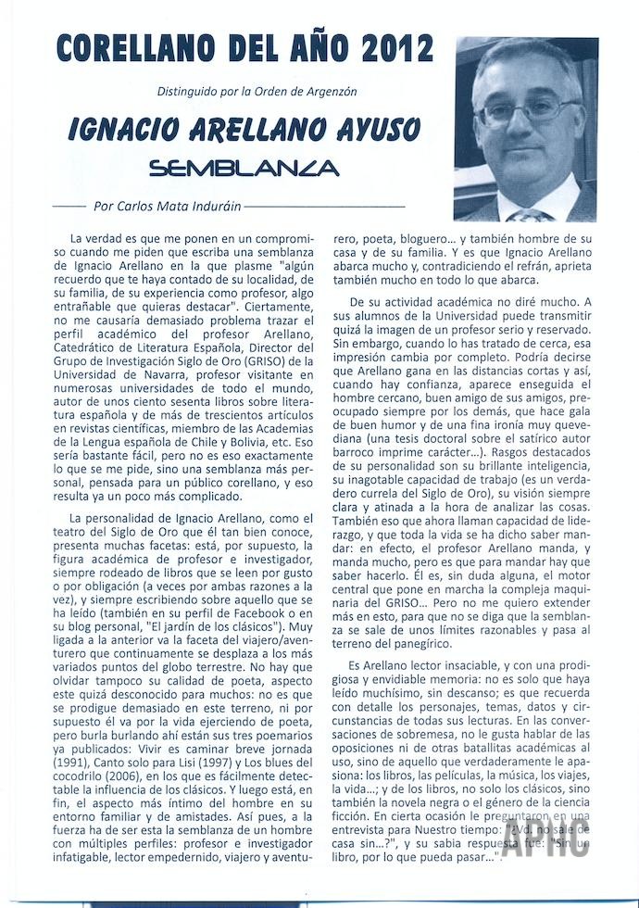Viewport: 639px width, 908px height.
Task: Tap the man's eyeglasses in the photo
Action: click(525, 112)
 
